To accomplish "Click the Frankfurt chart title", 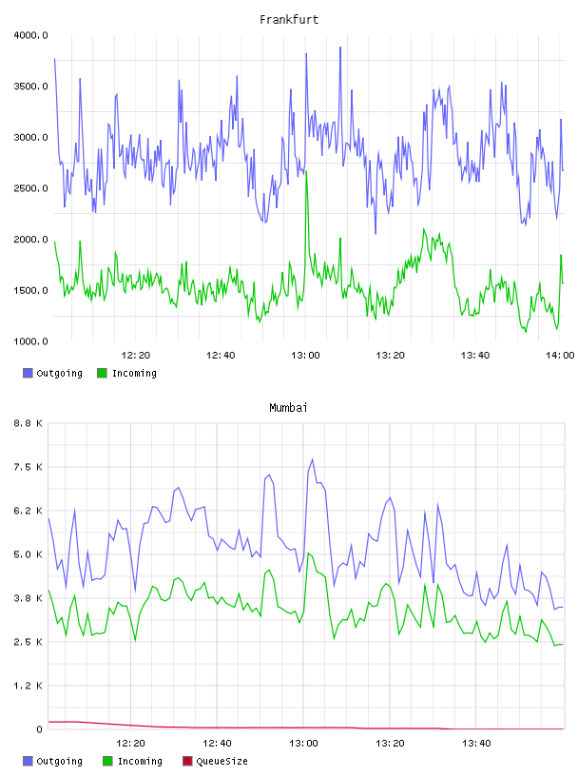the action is point(289,20).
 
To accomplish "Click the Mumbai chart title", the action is point(288,408).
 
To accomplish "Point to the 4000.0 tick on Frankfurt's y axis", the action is point(30,35).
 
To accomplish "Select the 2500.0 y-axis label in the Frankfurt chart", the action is point(30,188).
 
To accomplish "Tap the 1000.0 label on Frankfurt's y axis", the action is point(30,341).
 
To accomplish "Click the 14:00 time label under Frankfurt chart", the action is point(560,356).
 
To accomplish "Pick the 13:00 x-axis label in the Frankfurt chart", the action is point(305,356).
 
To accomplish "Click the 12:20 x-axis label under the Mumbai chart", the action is point(130,744).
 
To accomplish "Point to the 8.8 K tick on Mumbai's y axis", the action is point(28,423).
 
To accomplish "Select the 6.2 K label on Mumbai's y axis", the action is point(28,511).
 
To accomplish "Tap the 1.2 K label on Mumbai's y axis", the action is point(28,686).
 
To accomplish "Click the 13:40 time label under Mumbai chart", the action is point(476,744).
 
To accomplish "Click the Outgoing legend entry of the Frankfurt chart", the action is point(52,373).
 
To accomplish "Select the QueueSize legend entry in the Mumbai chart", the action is point(215,761).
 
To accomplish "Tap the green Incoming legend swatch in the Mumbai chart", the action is point(107,761).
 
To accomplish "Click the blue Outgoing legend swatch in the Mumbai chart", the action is point(28,761).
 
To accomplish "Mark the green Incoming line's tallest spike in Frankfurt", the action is point(307,172).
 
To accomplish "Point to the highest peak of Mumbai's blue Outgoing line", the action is point(312,459).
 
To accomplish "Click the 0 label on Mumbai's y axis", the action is point(39,729).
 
